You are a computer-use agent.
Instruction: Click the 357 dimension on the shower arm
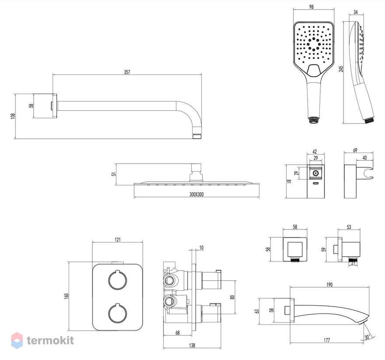click(127, 72)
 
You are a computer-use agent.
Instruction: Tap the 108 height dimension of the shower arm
click(13, 116)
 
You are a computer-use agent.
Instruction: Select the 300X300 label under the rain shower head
click(196, 194)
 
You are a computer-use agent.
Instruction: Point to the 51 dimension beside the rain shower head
click(113, 174)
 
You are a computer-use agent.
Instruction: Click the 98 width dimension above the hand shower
click(311, 7)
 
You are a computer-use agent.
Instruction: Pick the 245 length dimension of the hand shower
click(341, 69)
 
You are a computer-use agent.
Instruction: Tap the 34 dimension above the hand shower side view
click(356, 12)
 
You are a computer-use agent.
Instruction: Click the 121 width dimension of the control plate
click(118, 240)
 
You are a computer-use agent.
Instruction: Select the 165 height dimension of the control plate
click(66, 296)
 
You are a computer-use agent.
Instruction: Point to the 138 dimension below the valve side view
click(192, 345)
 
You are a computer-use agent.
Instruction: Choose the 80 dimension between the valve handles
click(232, 297)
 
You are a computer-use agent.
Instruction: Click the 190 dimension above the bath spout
click(329, 285)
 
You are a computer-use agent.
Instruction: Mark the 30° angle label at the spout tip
click(367, 337)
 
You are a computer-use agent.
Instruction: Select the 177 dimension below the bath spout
click(326, 340)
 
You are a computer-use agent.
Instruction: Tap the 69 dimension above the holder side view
click(355, 150)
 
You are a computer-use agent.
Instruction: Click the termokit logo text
click(50, 340)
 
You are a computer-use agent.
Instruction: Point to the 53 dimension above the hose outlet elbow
click(349, 227)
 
